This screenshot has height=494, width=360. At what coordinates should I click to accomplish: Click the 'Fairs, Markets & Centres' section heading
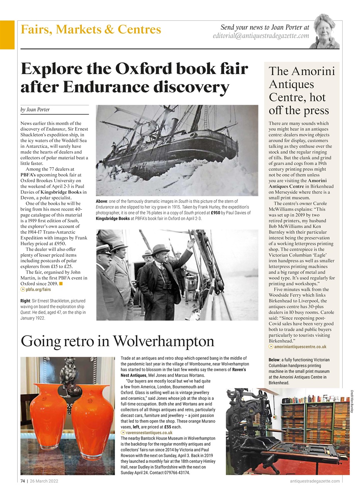click(x=91, y=29)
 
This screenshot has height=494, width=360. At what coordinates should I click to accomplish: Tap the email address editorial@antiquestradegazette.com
click(x=261, y=36)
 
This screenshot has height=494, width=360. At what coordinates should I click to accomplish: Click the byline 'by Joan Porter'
click(x=35, y=110)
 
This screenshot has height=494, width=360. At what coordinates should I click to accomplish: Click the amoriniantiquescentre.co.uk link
click(x=300, y=347)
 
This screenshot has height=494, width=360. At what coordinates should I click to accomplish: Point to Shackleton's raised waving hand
click(x=191, y=244)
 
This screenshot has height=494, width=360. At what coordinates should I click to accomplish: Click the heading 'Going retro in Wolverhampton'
click(x=117, y=342)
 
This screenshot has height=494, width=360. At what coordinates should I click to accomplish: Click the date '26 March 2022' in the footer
click(x=44, y=481)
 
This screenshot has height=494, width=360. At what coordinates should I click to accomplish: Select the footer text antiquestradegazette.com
click(x=314, y=481)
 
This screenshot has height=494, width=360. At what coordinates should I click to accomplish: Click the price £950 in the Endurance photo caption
click(x=215, y=213)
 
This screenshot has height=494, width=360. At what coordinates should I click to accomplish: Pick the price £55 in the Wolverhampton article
click(x=168, y=427)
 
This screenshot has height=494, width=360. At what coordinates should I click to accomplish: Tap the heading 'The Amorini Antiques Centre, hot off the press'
click(x=301, y=91)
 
